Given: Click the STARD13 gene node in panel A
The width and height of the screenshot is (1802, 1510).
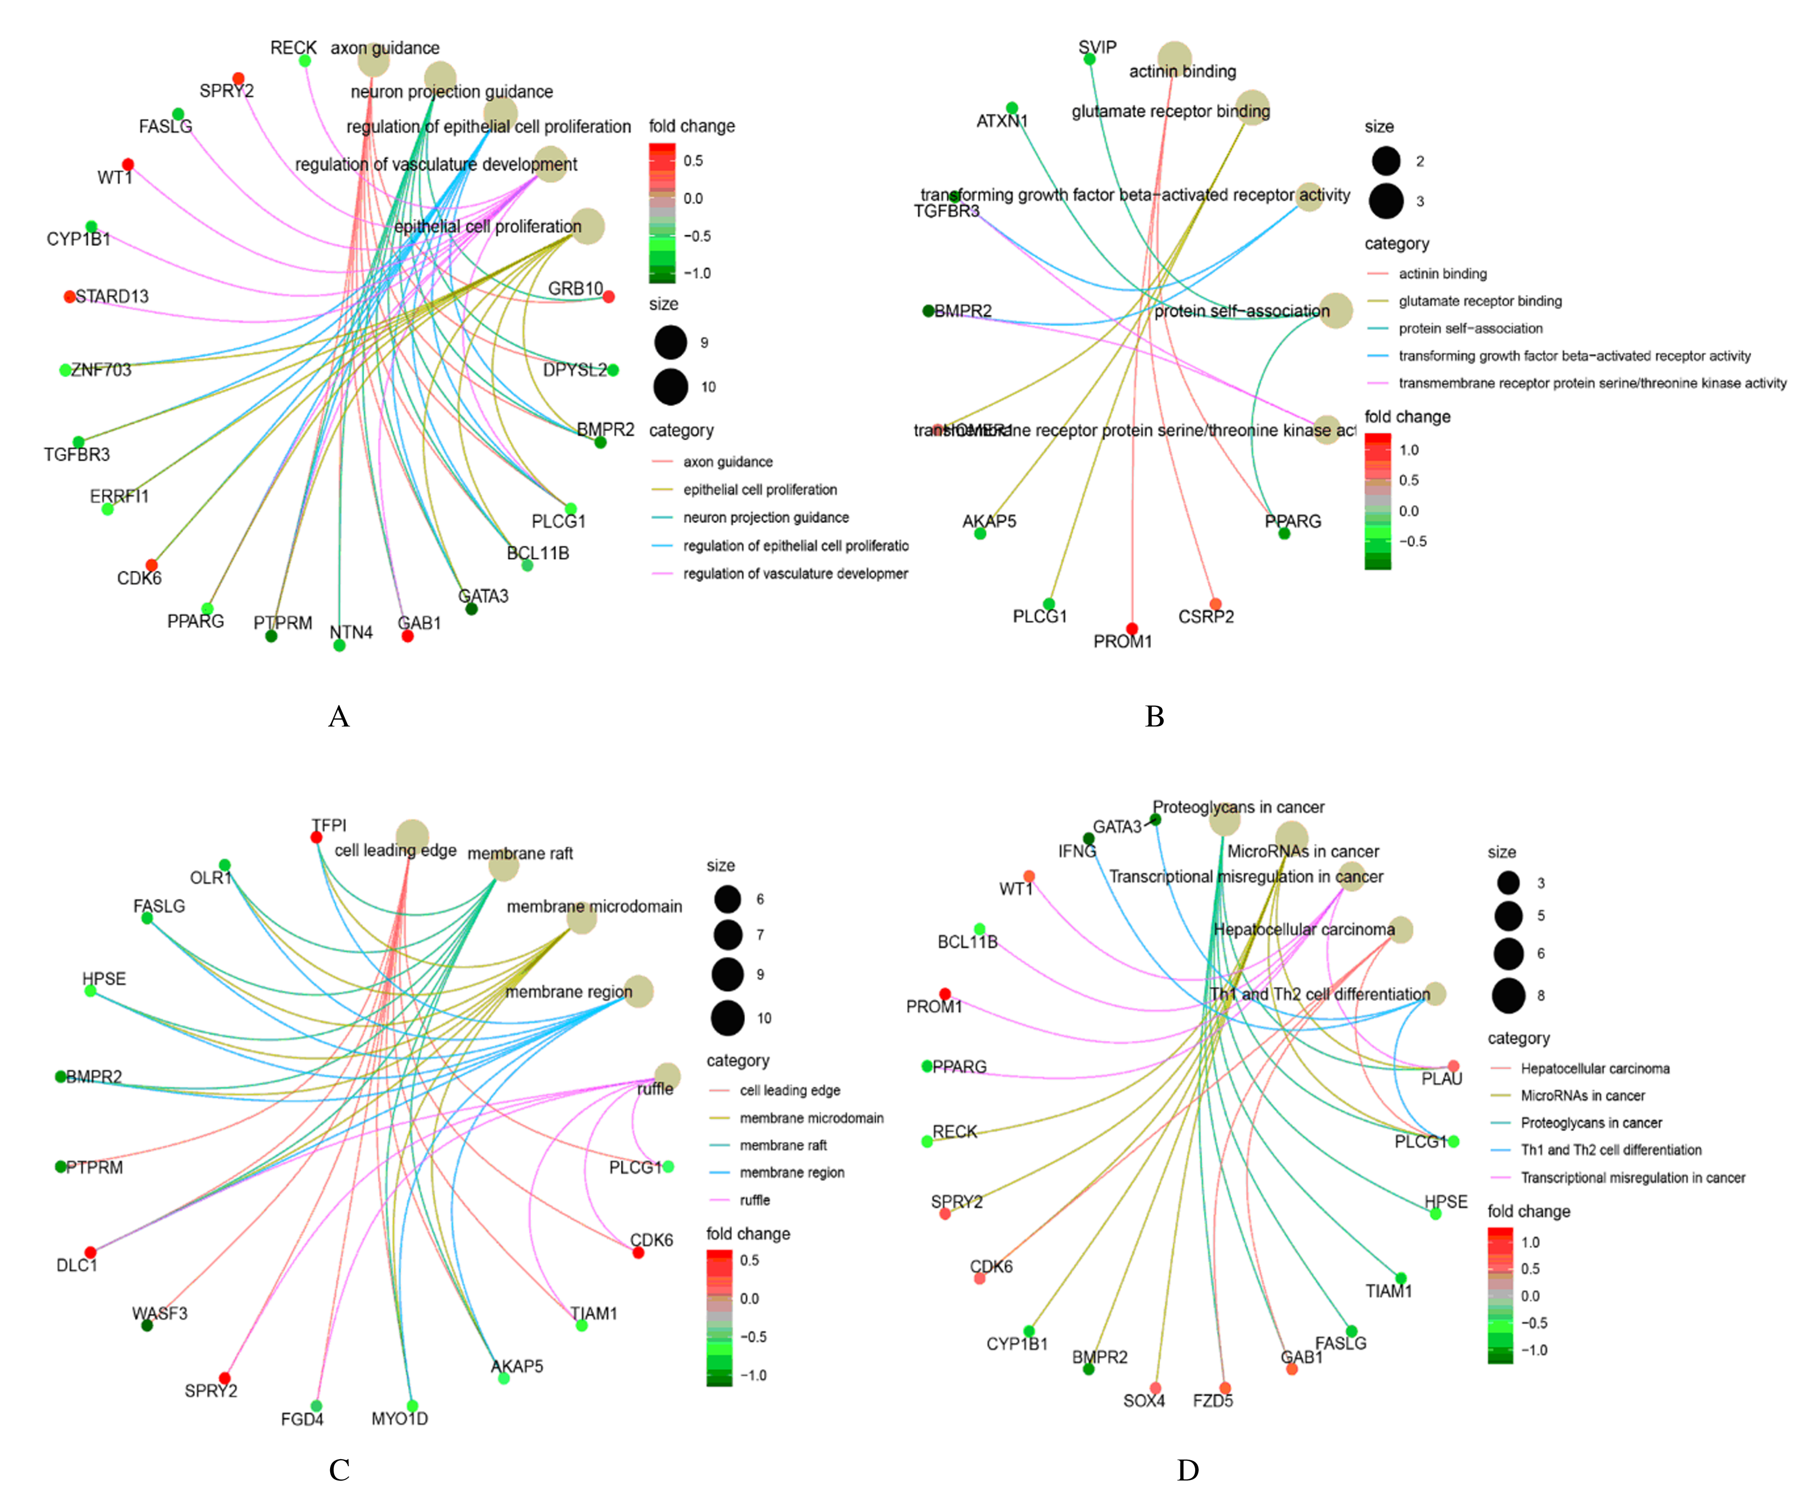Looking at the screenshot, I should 70,297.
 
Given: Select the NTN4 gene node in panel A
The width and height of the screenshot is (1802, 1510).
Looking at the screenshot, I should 340,645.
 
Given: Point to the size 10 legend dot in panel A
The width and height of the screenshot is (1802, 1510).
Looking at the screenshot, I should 670,387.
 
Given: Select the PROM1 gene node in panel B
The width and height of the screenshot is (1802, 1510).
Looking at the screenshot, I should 1132,629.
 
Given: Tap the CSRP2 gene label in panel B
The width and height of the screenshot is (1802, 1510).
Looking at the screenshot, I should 1205,617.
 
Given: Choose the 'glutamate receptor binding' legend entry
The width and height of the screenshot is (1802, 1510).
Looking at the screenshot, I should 1480,301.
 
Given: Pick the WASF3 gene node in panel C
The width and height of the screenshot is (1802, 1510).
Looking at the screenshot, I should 147,1325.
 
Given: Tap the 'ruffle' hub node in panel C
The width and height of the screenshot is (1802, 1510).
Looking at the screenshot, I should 668,1076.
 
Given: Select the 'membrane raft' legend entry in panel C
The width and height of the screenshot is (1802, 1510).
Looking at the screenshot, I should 783,1145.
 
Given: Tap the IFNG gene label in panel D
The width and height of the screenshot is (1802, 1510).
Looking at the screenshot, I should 1077,851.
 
